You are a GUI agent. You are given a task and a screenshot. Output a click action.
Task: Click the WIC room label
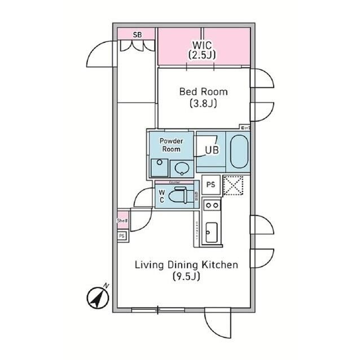[x=203, y=44]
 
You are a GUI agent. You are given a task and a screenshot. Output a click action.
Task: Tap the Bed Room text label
[x=203, y=91]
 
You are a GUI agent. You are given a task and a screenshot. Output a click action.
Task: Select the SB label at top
[x=137, y=34]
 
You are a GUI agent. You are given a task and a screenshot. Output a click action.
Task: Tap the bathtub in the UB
[x=239, y=151]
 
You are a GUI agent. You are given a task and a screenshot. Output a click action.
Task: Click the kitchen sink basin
[x=211, y=232]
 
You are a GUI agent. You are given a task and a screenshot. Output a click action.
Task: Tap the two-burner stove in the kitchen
[x=211, y=206]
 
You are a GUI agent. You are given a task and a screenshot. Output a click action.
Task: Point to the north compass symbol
[x=98, y=297]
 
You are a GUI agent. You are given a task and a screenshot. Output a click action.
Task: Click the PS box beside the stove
[x=211, y=184]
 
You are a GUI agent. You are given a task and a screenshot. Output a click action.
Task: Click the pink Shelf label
[x=122, y=221]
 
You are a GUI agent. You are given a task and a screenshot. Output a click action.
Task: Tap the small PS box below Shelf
[x=121, y=236]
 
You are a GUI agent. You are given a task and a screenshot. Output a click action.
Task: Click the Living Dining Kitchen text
[x=186, y=265]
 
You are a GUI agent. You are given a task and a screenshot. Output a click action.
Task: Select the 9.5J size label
[x=186, y=277]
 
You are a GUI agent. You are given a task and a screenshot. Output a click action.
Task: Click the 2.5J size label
[x=203, y=55]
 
